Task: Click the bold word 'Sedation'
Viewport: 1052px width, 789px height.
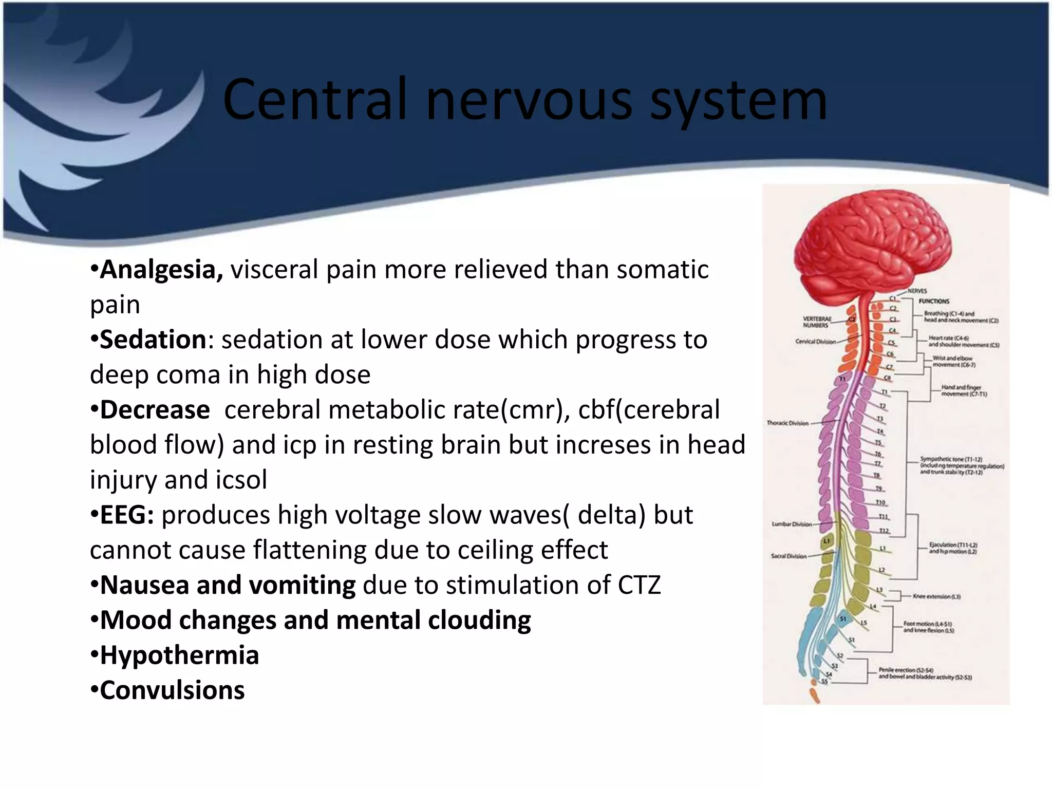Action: click(153, 340)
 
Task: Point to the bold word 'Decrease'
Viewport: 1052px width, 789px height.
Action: click(155, 410)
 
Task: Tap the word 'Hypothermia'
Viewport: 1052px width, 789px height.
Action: click(179, 655)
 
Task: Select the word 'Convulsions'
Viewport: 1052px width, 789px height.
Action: click(172, 690)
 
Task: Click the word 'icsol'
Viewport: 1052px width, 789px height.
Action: click(241, 480)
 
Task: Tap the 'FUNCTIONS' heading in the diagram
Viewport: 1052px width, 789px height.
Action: click(934, 302)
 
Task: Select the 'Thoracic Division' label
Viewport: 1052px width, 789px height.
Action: click(787, 423)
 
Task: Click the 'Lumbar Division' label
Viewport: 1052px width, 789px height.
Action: click(792, 524)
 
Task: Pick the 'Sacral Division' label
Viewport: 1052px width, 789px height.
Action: click(788, 556)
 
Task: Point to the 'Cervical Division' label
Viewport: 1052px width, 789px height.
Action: click(815, 342)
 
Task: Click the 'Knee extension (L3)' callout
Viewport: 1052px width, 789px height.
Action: click(936, 596)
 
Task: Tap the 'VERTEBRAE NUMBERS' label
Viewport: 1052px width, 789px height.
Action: click(817, 322)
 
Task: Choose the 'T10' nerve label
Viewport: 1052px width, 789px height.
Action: click(880, 502)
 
